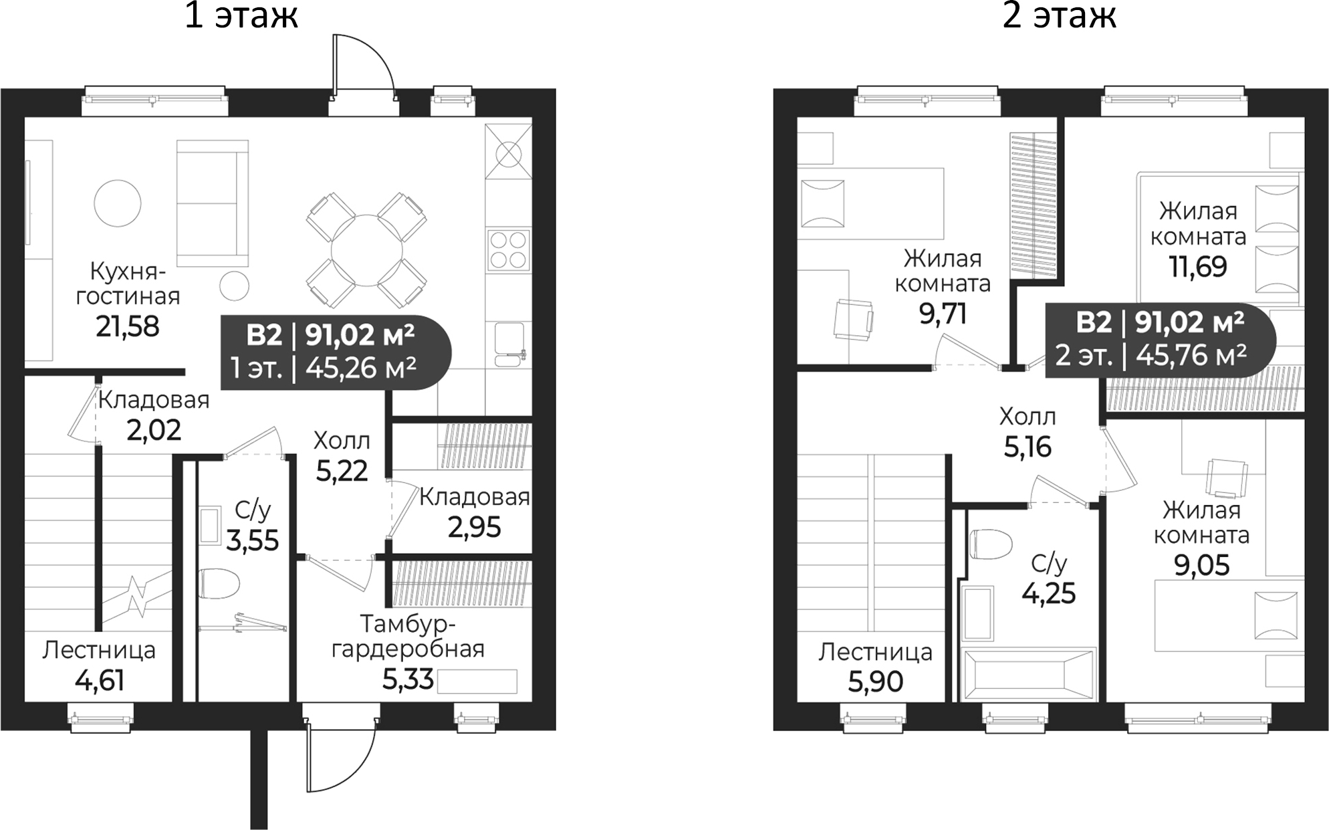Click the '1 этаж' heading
241,16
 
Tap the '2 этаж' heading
1059,16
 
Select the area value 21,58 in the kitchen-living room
127,326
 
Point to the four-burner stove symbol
508,250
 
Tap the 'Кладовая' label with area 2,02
154,400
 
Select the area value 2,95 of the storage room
474,528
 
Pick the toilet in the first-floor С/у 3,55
219,585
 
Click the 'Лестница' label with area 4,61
99,650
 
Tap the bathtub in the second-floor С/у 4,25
1028,674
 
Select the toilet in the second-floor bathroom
989,544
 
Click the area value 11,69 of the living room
1197,267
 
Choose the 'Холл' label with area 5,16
1028,417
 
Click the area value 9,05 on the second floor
1201,566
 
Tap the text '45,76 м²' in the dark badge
1191,355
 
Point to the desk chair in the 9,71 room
854,320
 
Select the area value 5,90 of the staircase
875,682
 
